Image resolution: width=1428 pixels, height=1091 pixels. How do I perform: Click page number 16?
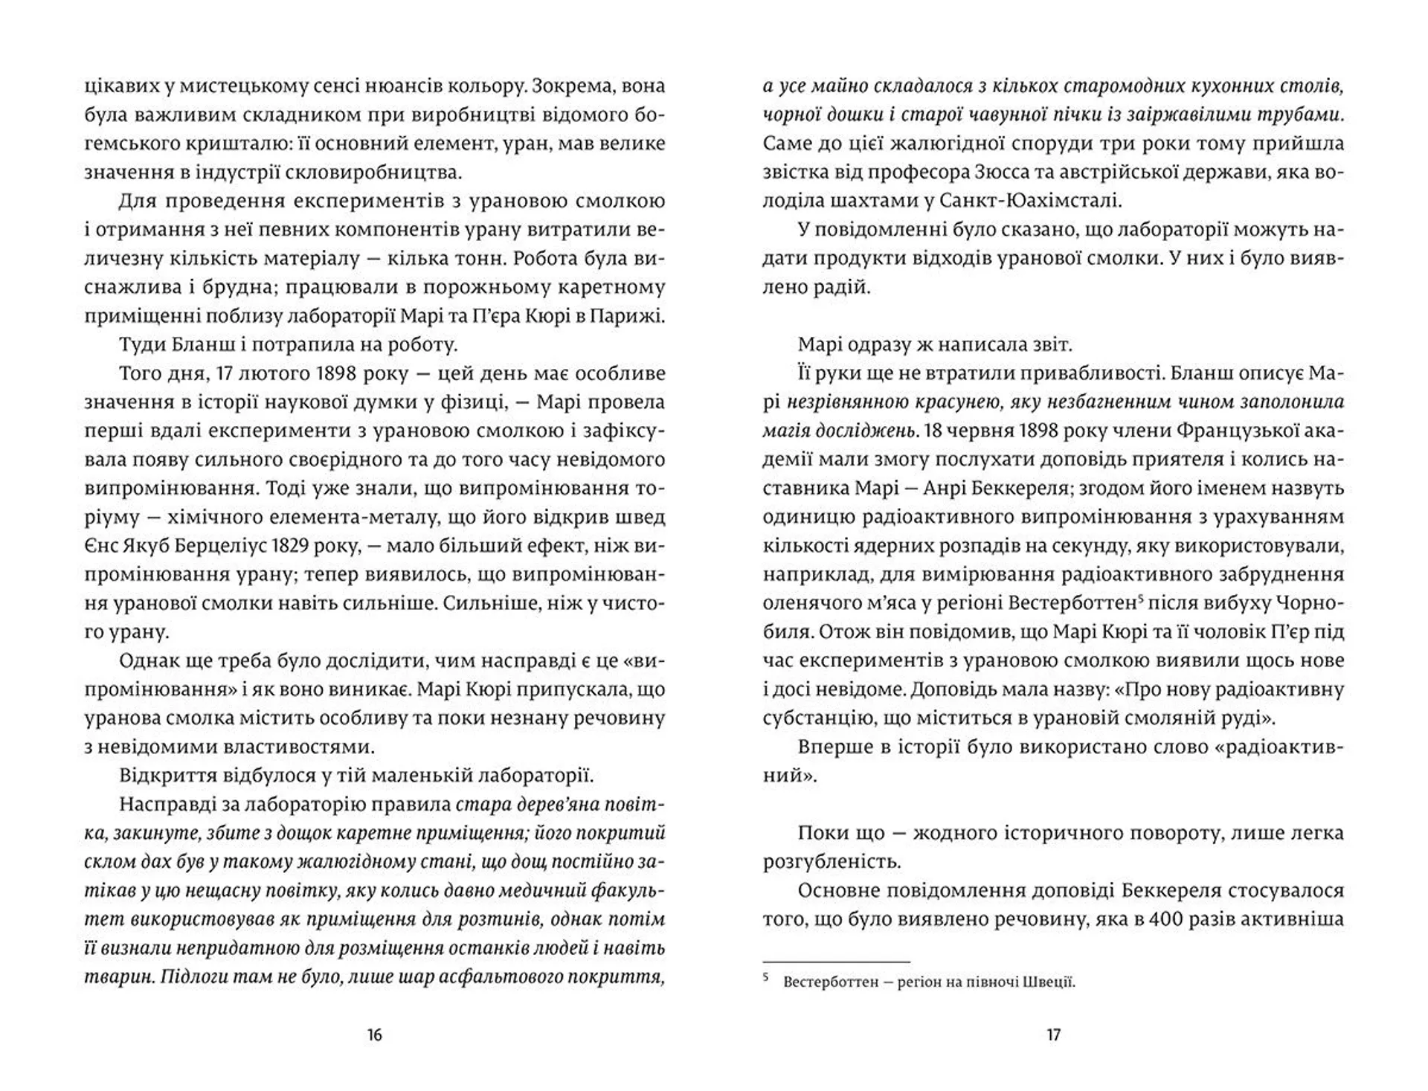click(x=374, y=1034)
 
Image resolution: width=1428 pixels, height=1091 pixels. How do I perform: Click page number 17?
click(x=1053, y=1034)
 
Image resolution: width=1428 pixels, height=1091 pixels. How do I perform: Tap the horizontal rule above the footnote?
click(x=837, y=961)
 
